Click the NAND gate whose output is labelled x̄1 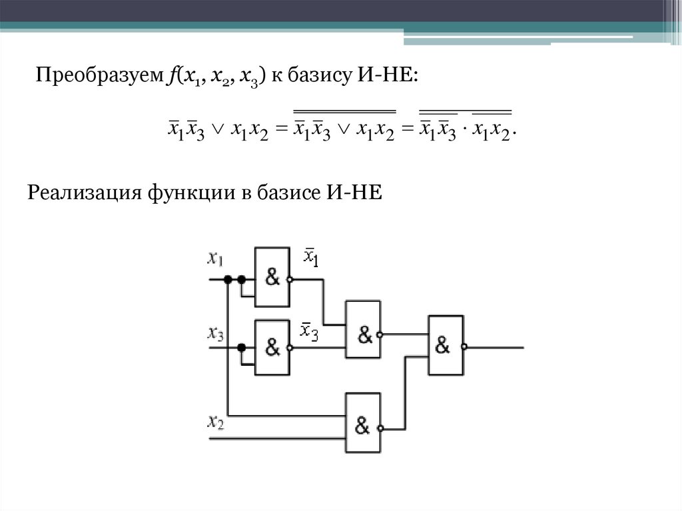(272, 277)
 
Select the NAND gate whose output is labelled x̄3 (272, 347)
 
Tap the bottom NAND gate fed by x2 (362, 423)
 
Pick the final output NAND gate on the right (445, 345)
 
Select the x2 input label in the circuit (216, 421)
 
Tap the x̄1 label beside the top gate (311, 256)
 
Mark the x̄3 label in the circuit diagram (309, 330)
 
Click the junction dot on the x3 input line (241, 347)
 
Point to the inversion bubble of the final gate (465, 346)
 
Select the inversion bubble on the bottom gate (382, 428)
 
